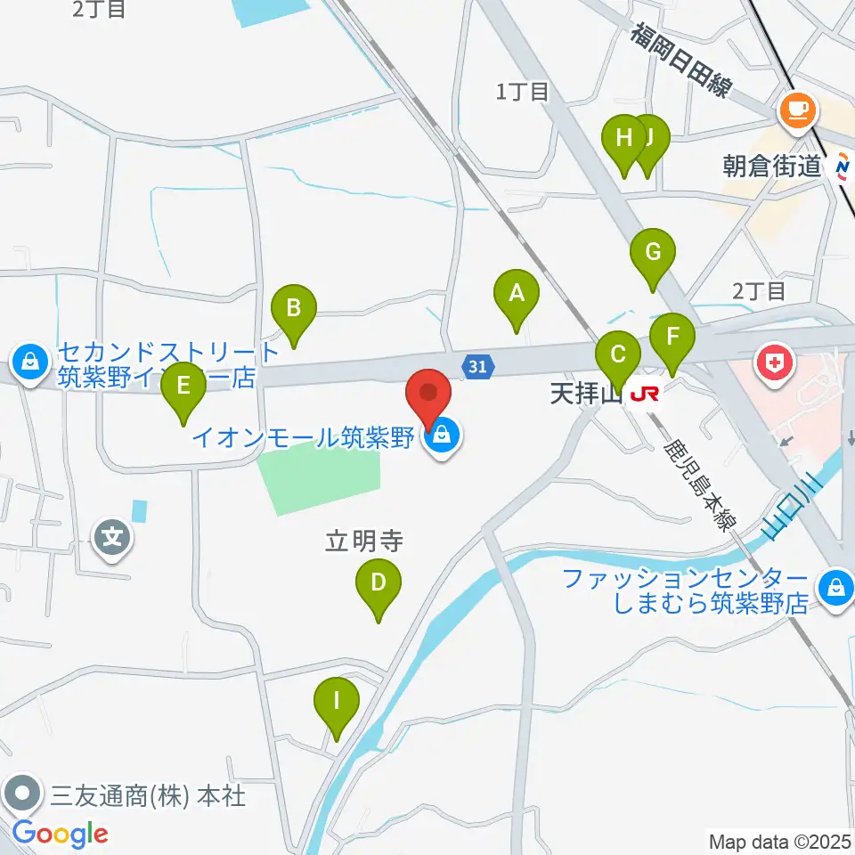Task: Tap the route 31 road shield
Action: click(x=478, y=365)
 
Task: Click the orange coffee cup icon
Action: click(x=796, y=110)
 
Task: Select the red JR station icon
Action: click(x=644, y=393)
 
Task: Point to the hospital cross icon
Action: click(x=774, y=362)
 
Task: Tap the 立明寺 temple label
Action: click(x=364, y=541)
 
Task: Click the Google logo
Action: click(x=59, y=835)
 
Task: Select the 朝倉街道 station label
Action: click(x=771, y=166)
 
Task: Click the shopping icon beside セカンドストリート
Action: click(x=30, y=362)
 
